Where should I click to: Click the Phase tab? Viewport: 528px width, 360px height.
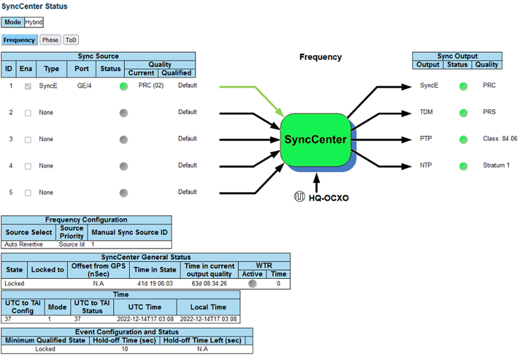coord(49,40)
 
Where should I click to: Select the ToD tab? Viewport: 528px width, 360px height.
coord(71,40)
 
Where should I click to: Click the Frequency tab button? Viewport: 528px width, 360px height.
coord(19,40)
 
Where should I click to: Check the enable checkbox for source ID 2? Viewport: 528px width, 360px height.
coord(28,113)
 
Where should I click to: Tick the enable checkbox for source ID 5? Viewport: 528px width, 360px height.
coord(28,193)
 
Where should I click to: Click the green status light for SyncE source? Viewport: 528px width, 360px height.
coord(124,86)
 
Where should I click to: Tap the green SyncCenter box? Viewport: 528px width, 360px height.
coord(316,139)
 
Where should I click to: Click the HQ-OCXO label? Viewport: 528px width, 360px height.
coord(328,198)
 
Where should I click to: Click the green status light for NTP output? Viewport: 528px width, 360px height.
coord(464,167)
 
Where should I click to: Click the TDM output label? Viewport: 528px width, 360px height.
coord(427,112)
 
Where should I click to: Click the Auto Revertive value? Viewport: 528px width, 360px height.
coord(24,244)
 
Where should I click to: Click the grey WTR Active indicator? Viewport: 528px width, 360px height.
coord(252,283)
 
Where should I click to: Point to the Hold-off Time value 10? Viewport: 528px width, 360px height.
coord(124,349)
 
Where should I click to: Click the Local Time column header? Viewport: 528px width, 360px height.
coord(208,307)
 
